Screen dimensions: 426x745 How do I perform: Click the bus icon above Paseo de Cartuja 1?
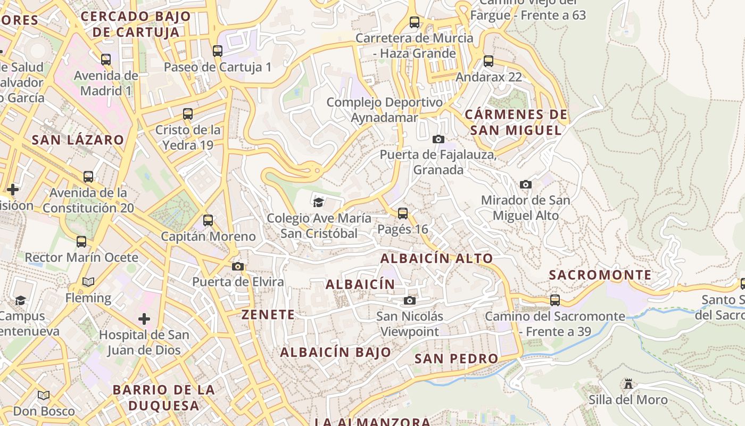point(217,51)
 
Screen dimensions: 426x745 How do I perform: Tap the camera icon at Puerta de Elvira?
point(238,266)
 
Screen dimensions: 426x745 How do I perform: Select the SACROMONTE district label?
point(600,275)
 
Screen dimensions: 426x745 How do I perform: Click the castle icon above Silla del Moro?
point(628,384)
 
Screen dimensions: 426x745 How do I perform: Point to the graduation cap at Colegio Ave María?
point(318,202)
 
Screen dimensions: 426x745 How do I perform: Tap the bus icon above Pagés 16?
point(403,214)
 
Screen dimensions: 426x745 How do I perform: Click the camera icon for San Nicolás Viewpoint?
point(409,301)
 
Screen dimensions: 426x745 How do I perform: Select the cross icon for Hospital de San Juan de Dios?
point(144,319)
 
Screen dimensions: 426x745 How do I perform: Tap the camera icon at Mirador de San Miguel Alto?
point(526,185)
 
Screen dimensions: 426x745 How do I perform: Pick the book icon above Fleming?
point(88,282)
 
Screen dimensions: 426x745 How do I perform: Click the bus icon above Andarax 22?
point(489,61)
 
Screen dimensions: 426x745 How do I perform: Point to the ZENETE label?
point(268,315)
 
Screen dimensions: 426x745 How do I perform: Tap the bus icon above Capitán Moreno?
point(208,220)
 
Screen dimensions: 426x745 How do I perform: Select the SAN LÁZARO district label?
point(78,140)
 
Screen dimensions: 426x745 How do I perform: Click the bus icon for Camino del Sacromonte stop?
point(555,300)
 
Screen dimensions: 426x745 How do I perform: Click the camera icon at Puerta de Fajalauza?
point(438,140)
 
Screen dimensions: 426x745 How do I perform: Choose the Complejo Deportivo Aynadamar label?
point(384,110)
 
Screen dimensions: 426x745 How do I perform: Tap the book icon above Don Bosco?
point(44,396)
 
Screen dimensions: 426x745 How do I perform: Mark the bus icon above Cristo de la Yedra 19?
point(187,114)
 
